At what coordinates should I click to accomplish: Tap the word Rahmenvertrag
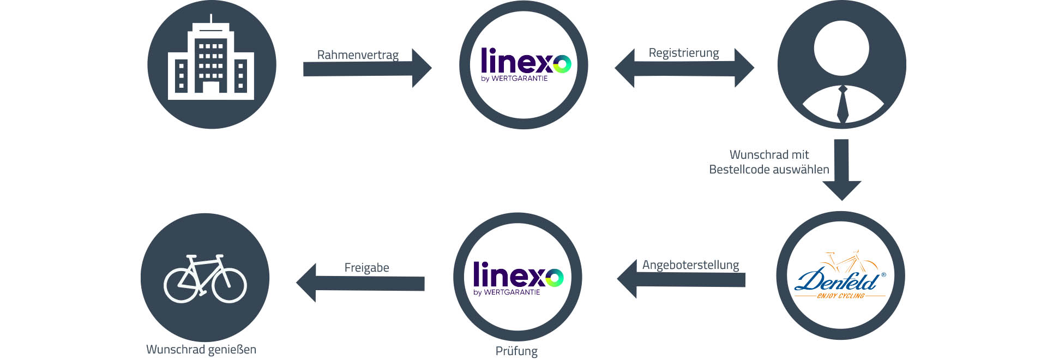(358, 55)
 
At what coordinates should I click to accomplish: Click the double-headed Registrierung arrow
(684, 68)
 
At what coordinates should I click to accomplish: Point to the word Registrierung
(684, 53)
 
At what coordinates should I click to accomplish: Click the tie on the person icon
(843, 104)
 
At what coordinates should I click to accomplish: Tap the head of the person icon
(841, 48)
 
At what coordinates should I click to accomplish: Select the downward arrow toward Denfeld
(841, 169)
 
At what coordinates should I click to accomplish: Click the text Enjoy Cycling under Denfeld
(840, 296)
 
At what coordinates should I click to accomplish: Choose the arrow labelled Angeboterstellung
(682, 279)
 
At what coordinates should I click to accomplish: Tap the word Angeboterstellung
(690, 265)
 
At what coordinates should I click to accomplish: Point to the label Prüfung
(516, 351)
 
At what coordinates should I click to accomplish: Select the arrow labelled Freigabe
(360, 283)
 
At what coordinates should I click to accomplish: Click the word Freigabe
(366, 268)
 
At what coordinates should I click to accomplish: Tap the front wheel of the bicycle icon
(230, 285)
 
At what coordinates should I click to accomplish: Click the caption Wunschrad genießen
(201, 349)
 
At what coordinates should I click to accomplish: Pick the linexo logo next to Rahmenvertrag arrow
(524, 64)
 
